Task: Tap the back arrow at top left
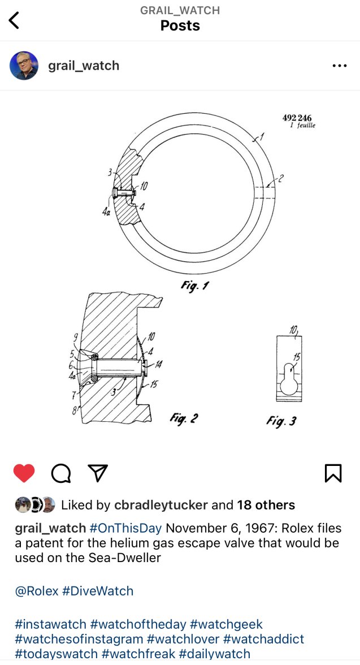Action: [14, 20]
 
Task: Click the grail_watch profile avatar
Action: [24, 66]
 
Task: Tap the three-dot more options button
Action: [339, 66]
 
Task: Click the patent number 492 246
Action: [297, 118]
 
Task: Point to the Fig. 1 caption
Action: [194, 286]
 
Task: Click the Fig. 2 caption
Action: [184, 418]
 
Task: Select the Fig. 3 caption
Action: [281, 421]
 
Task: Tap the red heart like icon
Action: [24, 473]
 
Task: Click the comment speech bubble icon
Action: [60, 473]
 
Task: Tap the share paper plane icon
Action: [98, 473]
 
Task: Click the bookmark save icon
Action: [333, 473]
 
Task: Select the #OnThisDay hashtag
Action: [125, 528]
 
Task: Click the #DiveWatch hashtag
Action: [97, 591]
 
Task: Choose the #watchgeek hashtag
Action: [226, 624]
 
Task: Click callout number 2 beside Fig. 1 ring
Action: [280, 179]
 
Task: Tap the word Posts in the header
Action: [180, 26]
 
